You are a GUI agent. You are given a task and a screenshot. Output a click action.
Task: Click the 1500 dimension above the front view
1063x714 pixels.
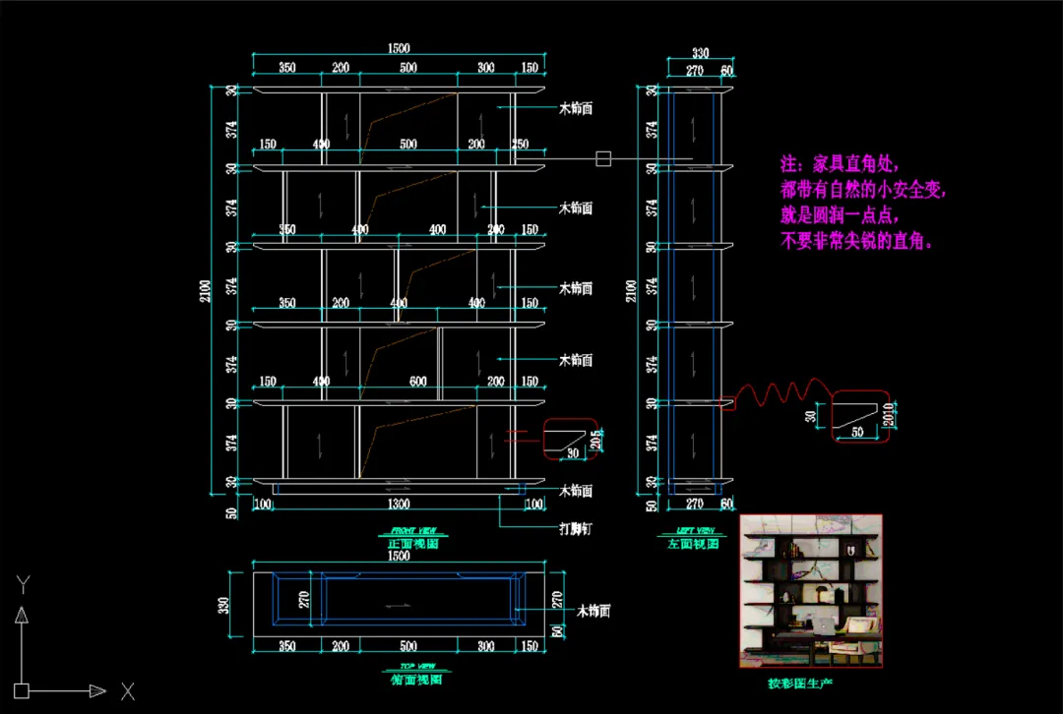point(398,48)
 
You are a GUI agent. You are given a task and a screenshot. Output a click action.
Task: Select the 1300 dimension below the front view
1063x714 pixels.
point(398,505)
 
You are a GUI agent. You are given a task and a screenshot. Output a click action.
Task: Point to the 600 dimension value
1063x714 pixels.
point(418,382)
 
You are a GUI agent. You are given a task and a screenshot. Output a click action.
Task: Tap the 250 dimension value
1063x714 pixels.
point(520,145)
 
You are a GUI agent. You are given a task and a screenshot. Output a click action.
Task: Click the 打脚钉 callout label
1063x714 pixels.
point(576,529)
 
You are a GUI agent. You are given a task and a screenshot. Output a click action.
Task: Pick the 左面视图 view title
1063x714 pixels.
point(694,543)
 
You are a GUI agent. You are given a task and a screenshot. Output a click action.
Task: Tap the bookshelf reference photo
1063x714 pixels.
point(811,591)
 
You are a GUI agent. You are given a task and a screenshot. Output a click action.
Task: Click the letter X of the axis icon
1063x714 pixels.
point(127,691)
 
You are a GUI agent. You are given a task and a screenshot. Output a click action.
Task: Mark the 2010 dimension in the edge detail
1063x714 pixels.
point(887,415)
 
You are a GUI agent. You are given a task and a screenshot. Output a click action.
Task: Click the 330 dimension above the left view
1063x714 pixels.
point(700,54)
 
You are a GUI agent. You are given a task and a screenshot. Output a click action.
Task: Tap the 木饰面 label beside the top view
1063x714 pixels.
point(594,611)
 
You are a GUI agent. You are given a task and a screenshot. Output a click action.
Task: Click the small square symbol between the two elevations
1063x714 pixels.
point(603,158)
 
